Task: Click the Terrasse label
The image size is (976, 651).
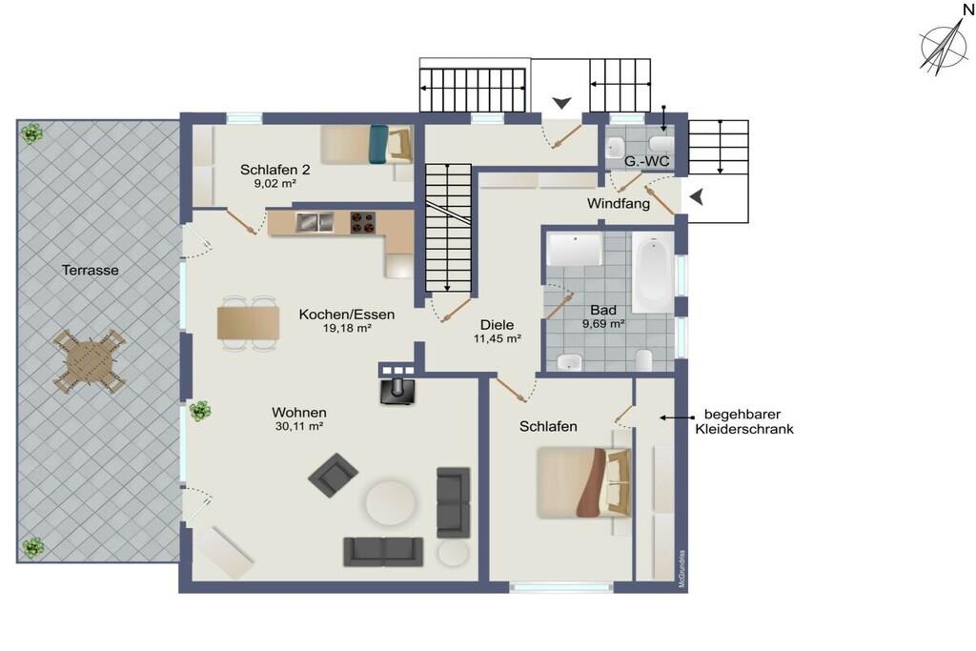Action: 90,270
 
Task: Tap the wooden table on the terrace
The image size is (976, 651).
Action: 90,361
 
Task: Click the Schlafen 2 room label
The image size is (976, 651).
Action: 274,170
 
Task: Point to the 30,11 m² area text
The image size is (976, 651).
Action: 298,426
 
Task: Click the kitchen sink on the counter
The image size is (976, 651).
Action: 315,221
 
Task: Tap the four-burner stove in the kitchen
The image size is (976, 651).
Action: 362,222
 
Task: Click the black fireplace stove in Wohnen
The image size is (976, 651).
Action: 396,390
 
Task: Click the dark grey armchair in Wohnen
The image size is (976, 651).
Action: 333,475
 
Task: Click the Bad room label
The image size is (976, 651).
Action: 603,310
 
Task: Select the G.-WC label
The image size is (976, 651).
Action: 647,162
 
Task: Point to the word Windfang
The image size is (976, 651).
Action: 618,204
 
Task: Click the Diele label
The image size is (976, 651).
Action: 497,325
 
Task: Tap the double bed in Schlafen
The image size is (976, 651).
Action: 584,482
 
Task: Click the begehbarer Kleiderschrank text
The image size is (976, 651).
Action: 743,421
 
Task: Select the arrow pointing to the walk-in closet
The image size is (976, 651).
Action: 676,417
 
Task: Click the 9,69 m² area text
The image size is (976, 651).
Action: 603,324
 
